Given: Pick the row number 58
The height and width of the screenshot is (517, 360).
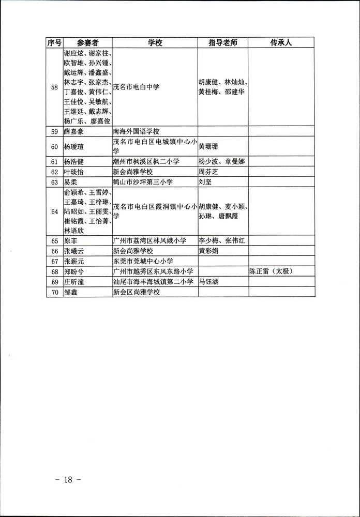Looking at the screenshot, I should pos(54,87).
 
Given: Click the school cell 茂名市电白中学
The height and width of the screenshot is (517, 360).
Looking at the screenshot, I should pos(136,87).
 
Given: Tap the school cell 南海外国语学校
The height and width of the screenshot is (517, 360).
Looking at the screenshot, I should pos(137,131).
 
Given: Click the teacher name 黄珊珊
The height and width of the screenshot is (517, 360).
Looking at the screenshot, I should pos(209,146).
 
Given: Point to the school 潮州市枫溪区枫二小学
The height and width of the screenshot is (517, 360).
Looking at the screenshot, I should pos(146,161).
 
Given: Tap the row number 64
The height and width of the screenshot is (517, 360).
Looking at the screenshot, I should pos(54,211).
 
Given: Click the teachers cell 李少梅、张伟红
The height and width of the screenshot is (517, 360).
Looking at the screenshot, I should pos(222,240).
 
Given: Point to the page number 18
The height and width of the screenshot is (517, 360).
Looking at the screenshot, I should pos(68,479).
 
